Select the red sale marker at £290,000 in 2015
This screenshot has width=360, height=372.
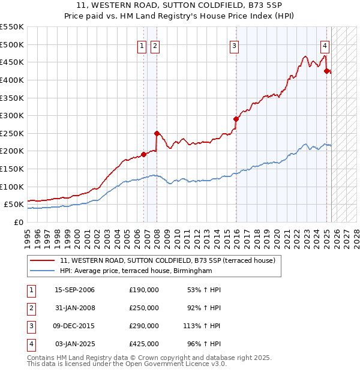[x=236, y=119]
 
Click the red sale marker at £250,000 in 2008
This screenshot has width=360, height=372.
[x=157, y=133]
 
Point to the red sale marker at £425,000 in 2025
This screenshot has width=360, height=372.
[x=327, y=71]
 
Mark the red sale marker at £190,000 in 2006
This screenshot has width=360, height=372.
[x=143, y=154]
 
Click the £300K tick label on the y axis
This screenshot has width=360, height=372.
[x=12, y=115]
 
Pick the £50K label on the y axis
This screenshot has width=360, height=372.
[x=14, y=205]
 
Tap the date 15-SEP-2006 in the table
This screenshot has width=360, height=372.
[x=74, y=290]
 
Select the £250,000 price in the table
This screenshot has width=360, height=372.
[x=144, y=308]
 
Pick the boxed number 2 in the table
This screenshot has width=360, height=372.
[x=30, y=308]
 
